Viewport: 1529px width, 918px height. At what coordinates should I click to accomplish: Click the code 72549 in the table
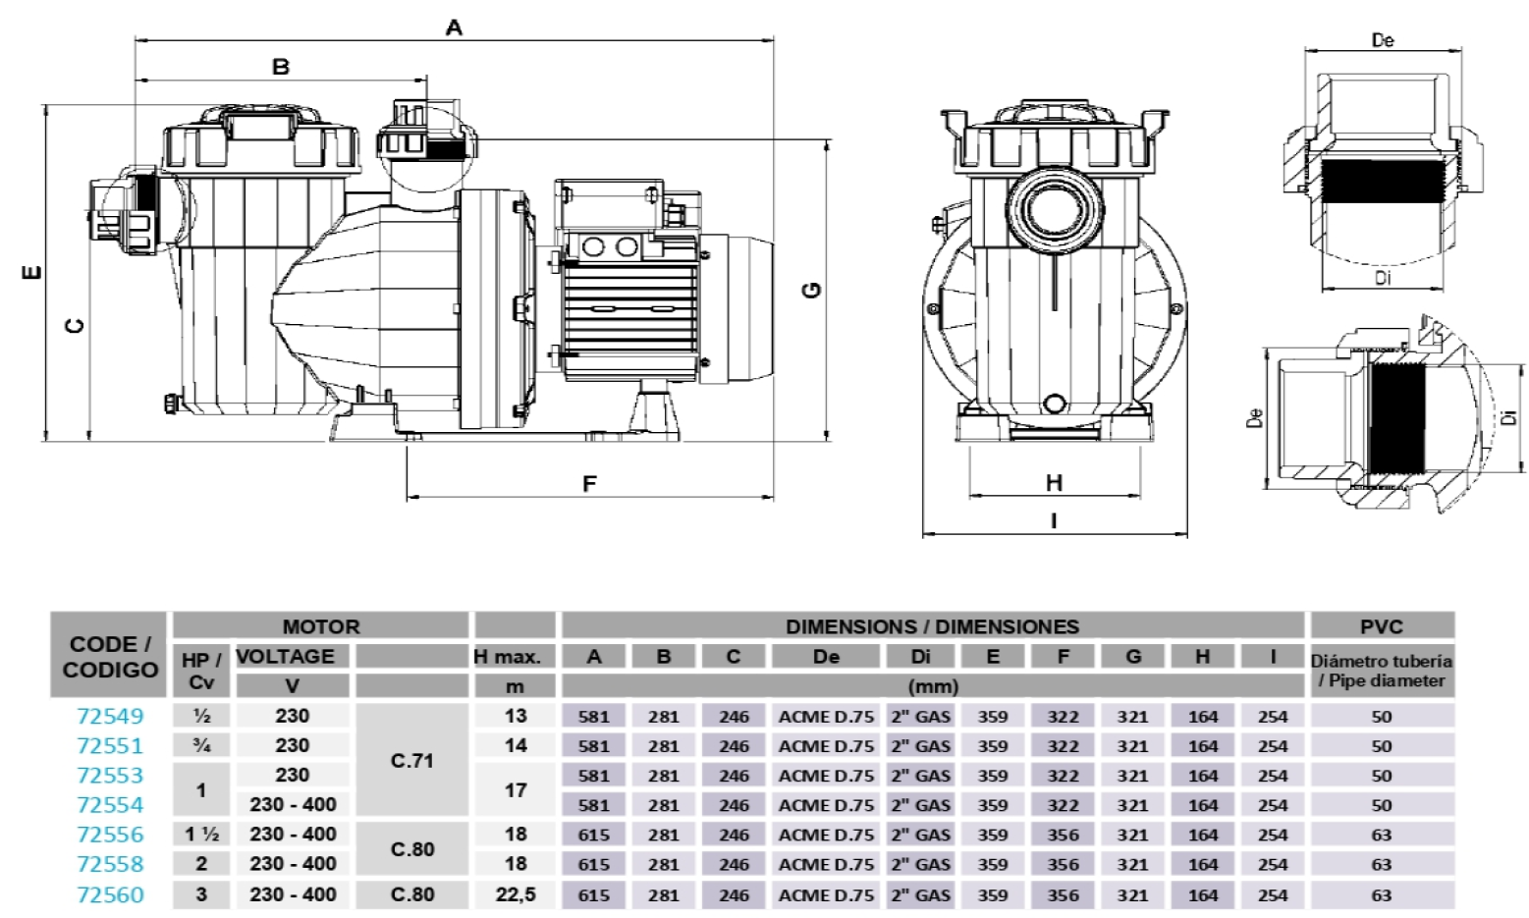(110, 717)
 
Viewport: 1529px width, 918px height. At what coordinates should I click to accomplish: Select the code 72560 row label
(110, 894)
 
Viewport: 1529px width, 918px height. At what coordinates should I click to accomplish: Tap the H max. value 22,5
(516, 894)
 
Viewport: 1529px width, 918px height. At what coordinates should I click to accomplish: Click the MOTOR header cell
(321, 626)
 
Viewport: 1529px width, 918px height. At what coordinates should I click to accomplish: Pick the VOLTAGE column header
(286, 656)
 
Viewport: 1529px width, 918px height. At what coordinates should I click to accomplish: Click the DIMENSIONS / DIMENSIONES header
(932, 626)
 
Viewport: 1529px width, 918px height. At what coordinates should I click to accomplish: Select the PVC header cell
(1381, 626)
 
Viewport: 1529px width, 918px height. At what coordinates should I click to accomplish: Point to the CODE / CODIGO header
(110, 657)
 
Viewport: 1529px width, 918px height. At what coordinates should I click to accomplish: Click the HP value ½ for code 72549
(202, 717)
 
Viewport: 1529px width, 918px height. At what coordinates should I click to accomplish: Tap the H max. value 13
(516, 717)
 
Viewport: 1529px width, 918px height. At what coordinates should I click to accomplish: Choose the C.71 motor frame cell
(412, 760)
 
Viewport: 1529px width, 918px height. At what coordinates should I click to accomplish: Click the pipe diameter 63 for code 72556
(1381, 835)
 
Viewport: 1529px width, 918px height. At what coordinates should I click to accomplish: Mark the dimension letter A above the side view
(454, 27)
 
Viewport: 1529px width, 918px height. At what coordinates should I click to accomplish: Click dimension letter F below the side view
(589, 484)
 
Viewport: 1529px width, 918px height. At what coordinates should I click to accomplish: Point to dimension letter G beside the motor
(812, 290)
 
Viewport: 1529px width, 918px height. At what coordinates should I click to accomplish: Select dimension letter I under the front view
(1054, 520)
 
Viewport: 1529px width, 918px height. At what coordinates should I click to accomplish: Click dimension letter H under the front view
(1054, 482)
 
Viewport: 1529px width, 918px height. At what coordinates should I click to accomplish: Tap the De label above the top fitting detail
(1383, 40)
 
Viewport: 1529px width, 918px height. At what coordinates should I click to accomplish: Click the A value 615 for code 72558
(594, 865)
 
